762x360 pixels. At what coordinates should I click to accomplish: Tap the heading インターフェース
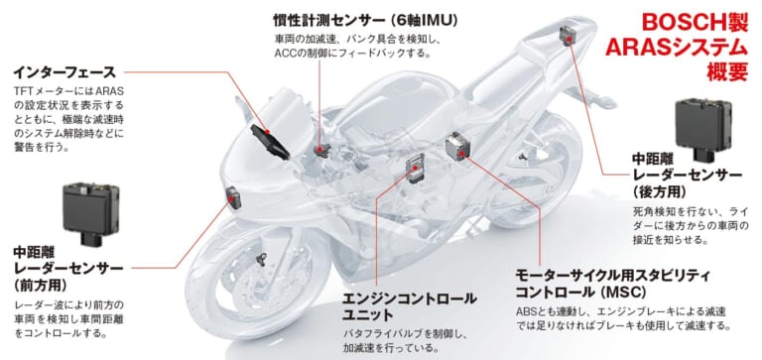coord(64,71)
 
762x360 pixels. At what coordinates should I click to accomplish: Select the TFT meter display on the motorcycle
coord(269,138)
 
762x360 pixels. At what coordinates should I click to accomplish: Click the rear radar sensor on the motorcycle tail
coord(568,37)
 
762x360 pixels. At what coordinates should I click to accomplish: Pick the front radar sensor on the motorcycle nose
coord(234,195)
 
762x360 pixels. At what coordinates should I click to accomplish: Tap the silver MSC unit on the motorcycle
coord(457,147)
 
